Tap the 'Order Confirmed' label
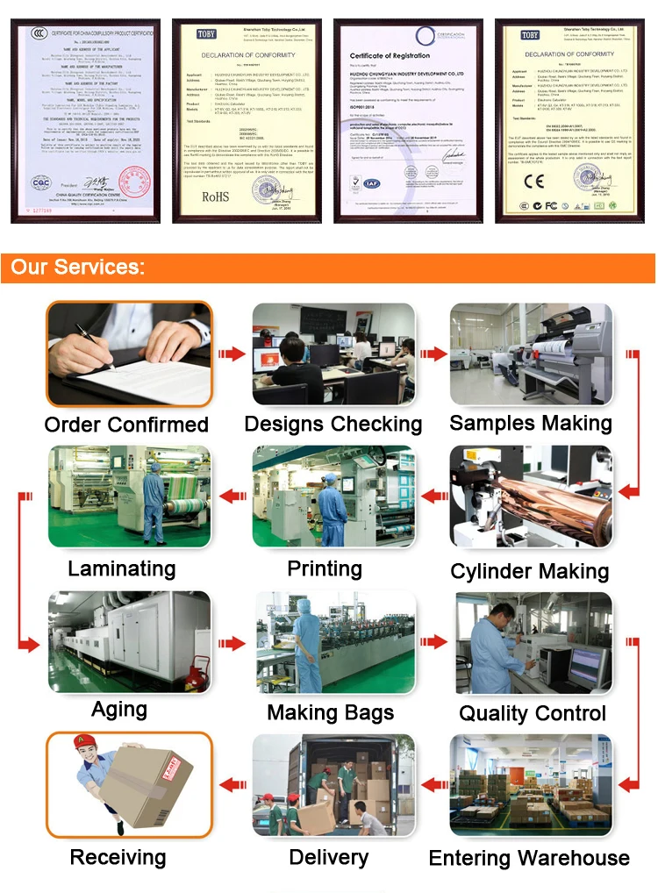126,425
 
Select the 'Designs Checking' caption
333,425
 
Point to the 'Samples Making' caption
531,423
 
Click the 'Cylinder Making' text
529,572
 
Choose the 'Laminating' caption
121,568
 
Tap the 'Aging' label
119,709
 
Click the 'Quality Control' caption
533,713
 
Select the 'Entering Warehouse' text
529,858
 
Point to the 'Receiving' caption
118,857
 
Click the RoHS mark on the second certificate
215,198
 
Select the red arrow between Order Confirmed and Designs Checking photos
232,354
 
